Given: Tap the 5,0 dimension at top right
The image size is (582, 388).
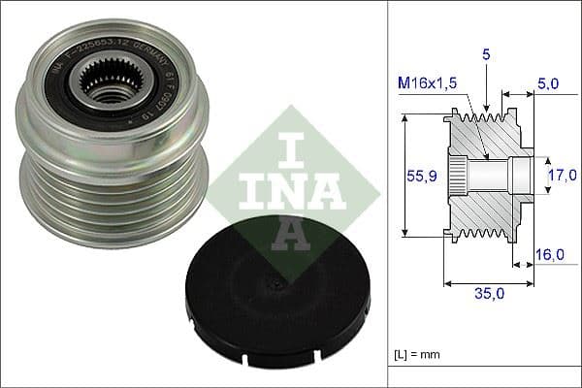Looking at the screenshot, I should tap(547, 84).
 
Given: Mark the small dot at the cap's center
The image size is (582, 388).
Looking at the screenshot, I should tap(277, 287).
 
